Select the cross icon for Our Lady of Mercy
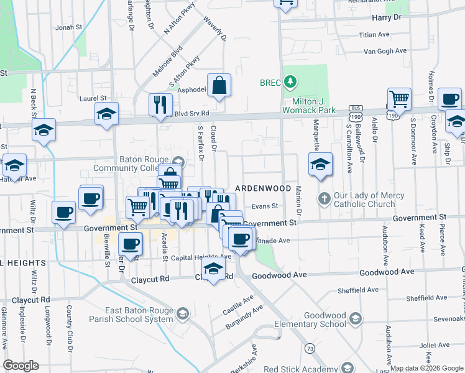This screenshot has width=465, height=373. point(324,198)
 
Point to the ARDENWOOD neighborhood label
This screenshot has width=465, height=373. point(263,188)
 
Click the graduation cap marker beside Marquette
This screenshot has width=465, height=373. point(320,164)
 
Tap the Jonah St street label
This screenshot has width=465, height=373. point(69,27)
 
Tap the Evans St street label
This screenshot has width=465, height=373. point(264,206)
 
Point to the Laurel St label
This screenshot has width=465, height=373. point(93,98)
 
